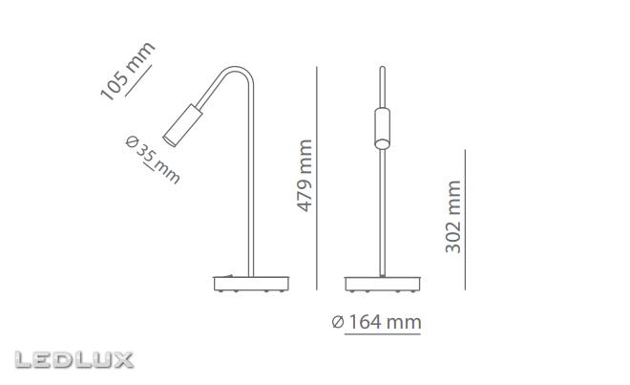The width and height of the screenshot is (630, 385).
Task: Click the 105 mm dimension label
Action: [127, 70]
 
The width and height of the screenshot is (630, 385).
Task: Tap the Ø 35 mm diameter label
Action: [153, 159]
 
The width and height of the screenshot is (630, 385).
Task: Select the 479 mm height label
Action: [304, 176]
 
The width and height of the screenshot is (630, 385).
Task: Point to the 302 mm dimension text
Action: [452, 217]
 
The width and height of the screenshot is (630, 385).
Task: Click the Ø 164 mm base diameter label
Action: [377, 322]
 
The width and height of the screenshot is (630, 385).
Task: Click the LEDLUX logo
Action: [73, 359]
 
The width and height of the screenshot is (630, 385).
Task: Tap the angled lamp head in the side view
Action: [183, 125]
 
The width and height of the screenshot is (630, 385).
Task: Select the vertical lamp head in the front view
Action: [382, 128]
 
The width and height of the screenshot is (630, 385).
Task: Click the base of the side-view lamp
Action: [251, 284]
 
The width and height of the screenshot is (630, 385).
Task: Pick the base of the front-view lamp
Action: [383, 284]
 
